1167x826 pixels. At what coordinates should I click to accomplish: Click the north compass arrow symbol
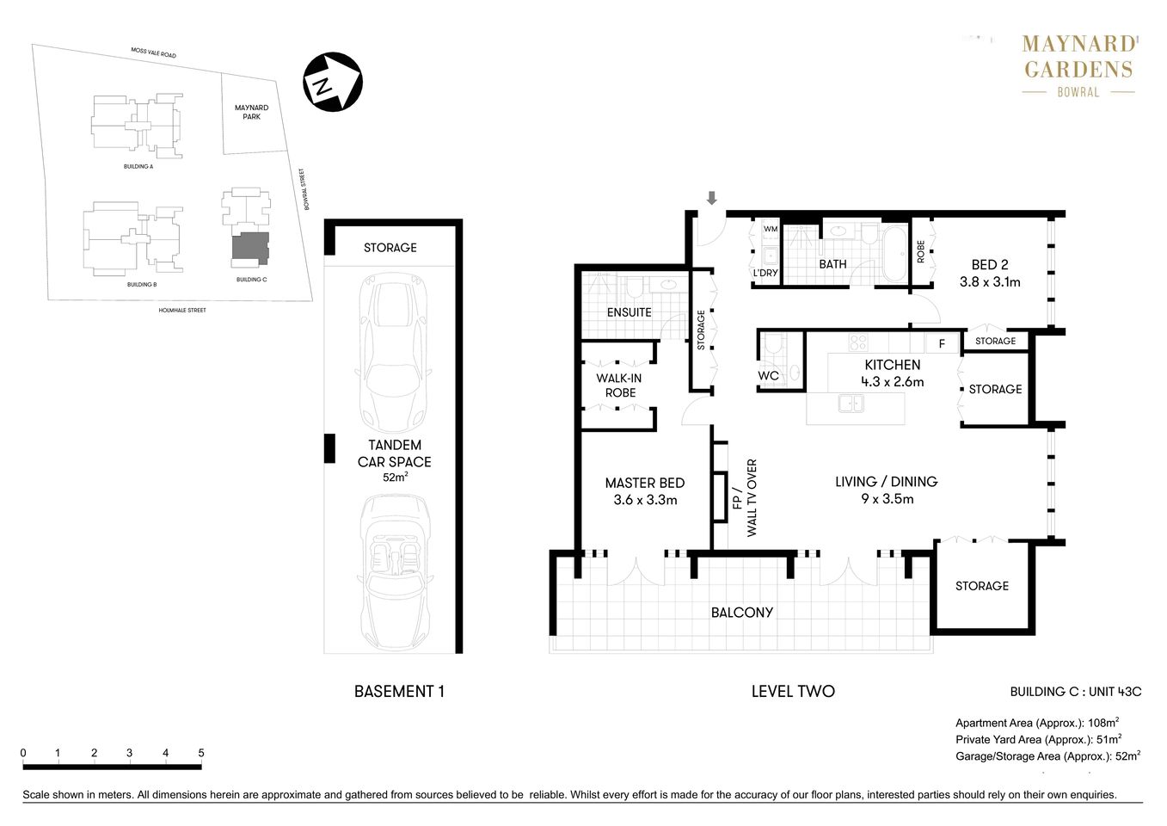332,83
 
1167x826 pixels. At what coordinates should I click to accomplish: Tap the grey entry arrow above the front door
711,198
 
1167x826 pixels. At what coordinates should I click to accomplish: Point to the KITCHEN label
893,365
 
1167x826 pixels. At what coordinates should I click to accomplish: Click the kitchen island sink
851,403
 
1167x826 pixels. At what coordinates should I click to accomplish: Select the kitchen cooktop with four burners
857,342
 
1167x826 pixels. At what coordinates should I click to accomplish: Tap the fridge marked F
942,343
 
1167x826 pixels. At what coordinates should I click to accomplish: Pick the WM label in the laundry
771,229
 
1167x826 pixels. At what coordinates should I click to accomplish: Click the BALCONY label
741,613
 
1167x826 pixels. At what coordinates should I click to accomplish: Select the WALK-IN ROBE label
619,385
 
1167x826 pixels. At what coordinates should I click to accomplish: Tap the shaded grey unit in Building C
251,248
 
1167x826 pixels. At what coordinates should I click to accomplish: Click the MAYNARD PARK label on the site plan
251,112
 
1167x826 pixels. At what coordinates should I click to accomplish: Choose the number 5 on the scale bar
201,753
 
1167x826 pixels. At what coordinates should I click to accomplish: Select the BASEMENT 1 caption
399,691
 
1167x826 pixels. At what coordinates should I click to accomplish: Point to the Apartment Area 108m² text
1036,723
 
